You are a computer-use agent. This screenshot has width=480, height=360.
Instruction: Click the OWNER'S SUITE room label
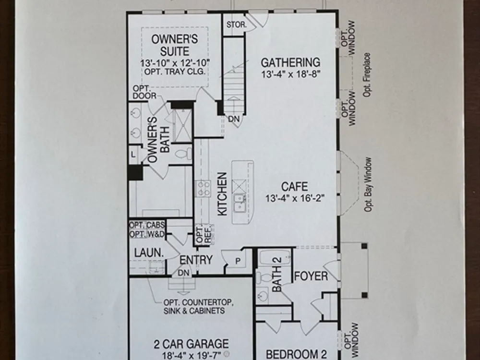(x=175, y=45)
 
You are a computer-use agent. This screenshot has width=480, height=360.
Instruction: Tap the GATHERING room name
(x=290, y=62)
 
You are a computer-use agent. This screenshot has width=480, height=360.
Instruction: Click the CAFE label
(x=295, y=187)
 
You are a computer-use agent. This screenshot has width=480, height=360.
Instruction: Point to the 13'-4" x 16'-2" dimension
(x=295, y=198)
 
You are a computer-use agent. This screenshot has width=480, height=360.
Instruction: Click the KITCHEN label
(x=223, y=194)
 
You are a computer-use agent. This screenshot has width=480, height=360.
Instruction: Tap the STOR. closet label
(x=236, y=25)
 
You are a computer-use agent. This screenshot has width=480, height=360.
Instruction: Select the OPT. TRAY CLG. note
(x=175, y=72)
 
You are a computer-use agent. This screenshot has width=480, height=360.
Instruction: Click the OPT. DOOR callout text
(x=144, y=92)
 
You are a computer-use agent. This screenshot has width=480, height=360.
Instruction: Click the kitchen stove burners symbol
(x=203, y=189)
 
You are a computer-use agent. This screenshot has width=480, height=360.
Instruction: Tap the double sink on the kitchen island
(x=240, y=203)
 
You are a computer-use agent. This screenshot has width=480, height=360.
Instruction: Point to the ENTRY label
(x=196, y=260)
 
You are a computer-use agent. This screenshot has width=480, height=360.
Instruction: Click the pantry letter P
(x=238, y=261)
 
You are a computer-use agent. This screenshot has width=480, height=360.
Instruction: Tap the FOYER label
(x=311, y=276)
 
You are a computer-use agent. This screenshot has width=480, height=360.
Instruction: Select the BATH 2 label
(x=277, y=275)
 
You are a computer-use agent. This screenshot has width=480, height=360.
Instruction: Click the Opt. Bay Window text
(x=368, y=185)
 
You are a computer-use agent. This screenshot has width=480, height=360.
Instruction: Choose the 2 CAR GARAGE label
(x=191, y=344)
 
